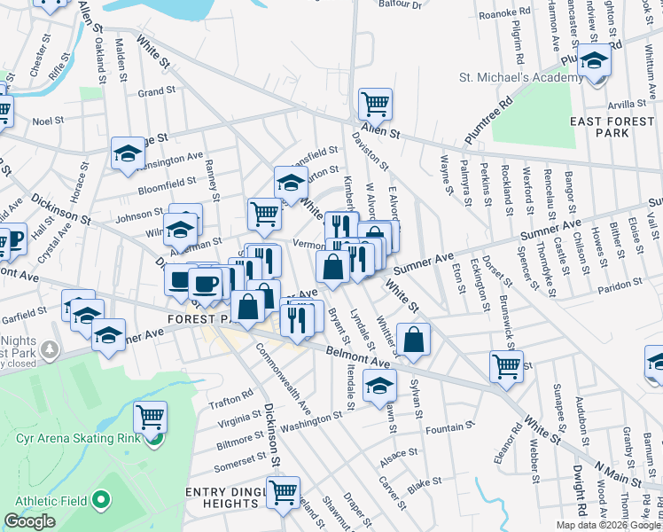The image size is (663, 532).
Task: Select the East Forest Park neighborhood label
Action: click(x=612, y=127)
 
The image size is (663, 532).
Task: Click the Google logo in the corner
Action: click(x=29, y=521)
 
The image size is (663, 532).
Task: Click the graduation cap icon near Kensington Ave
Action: click(x=128, y=153)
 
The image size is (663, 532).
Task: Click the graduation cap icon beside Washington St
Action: click(x=379, y=386)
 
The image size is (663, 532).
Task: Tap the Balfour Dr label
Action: click(x=402, y=5)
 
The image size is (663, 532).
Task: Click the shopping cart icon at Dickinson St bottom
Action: click(x=283, y=491)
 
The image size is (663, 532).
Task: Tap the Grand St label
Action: click(x=156, y=91)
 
